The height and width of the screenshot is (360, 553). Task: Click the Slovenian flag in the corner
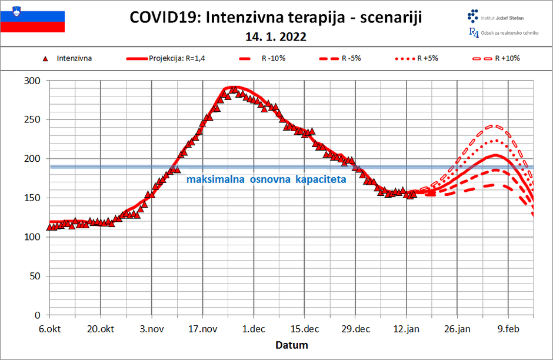click(32, 18)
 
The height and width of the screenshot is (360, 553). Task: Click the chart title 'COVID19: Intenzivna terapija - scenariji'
click(276, 18)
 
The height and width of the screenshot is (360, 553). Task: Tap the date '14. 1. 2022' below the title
click(276, 37)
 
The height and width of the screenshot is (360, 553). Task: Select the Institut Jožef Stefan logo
click(499, 16)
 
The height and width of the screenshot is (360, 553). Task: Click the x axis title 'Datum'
click(291, 345)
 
